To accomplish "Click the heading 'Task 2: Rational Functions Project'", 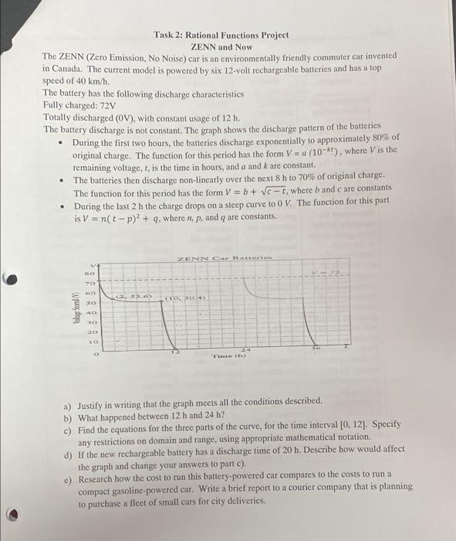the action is [221, 35].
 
